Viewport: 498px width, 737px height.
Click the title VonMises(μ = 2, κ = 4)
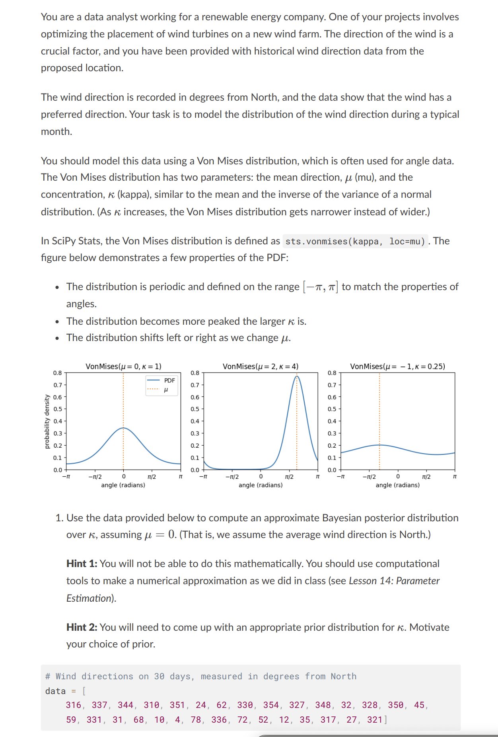coord(261,366)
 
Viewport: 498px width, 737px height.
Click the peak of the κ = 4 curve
coord(296,376)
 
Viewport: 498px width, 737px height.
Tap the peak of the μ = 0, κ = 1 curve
coord(123,428)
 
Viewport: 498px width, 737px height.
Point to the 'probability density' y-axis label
coord(47,421)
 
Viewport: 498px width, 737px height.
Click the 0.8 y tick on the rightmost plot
coord(332,373)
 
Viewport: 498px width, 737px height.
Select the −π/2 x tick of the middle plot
coord(232,477)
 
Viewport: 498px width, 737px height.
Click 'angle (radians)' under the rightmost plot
coord(397,485)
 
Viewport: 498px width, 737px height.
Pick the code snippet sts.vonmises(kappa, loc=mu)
coord(355,242)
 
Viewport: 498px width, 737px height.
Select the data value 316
coord(74,705)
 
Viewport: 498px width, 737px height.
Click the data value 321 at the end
coord(375,719)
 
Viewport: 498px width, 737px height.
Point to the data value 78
coord(196,719)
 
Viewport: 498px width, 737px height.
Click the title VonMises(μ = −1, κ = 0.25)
coord(397,366)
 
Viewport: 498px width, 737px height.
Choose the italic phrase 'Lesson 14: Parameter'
coord(394,581)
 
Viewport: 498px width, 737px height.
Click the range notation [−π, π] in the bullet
coord(321,287)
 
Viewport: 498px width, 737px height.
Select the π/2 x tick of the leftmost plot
coord(152,477)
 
